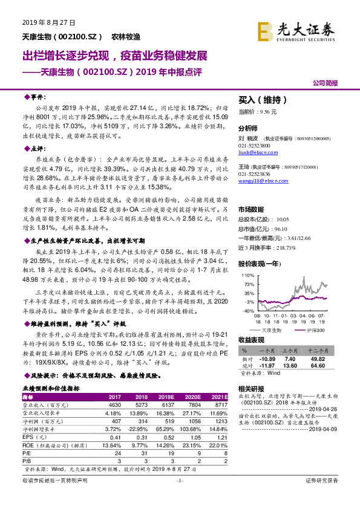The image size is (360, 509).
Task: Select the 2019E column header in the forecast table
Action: pyautogui.click(x=165, y=397)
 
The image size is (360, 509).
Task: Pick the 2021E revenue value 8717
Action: pyautogui.click(x=218, y=404)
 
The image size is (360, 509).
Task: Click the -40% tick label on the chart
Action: pyautogui.click(x=249, y=310)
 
